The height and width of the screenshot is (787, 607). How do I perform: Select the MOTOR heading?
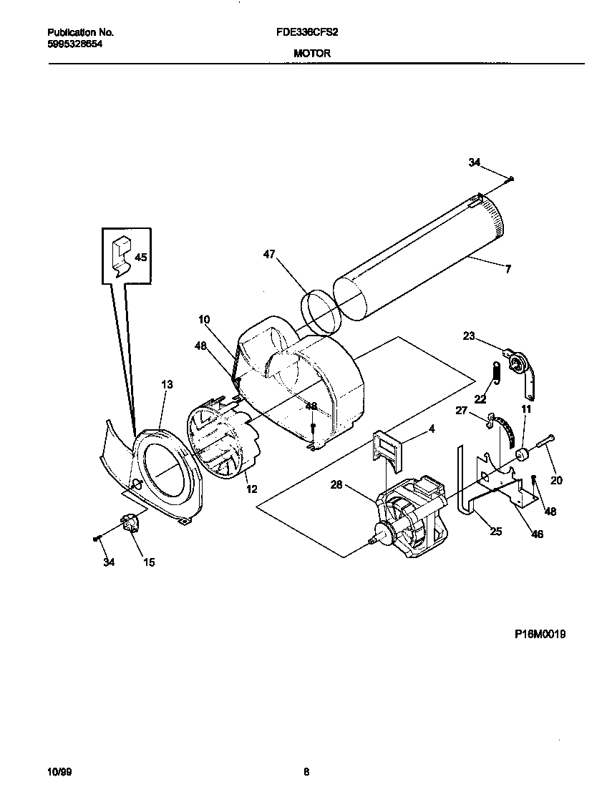pyautogui.click(x=311, y=53)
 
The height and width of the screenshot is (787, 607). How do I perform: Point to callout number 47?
pyautogui.click(x=269, y=254)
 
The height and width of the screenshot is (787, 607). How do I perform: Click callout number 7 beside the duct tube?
pyautogui.click(x=508, y=269)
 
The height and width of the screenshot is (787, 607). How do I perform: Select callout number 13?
pyautogui.click(x=167, y=385)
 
